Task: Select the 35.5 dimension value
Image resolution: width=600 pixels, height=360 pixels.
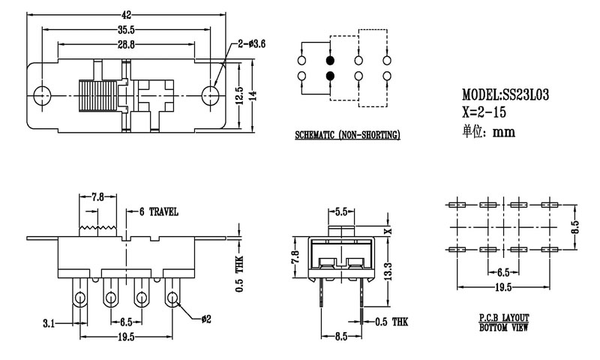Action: pyautogui.click(x=126, y=30)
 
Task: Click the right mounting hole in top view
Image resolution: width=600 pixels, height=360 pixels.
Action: pyautogui.click(x=212, y=94)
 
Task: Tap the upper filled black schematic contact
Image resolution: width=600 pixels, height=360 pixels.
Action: pyautogui.click(x=329, y=61)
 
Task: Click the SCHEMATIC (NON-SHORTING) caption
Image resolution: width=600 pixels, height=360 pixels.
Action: pyautogui.click(x=346, y=135)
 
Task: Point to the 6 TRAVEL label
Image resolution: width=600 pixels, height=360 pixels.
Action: pyautogui.click(x=157, y=212)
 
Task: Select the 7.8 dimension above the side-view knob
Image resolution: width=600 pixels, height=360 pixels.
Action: pyautogui.click(x=98, y=198)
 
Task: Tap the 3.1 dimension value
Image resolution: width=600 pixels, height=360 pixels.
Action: pyautogui.click(x=49, y=324)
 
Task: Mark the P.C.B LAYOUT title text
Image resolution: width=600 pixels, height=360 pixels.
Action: pyautogui.click(x=502, y=319)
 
